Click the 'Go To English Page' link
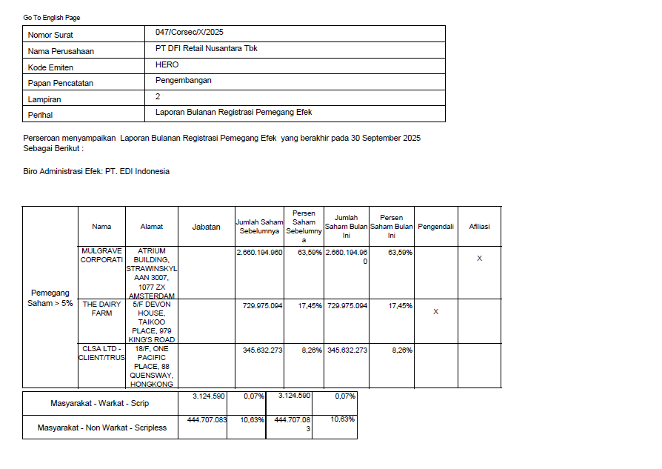coord(52,17)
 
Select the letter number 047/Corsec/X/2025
coord(190,33)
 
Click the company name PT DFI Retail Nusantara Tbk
coord(207,49)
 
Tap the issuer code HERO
coord(167,65)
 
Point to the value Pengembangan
coord(184,81)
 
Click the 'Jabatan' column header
coord(207,227)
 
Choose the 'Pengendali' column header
coord(435,227)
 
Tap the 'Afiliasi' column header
coord(479,227)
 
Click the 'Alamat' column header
coord(152,227)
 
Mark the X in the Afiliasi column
coord(479,259)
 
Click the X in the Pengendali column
coord(435,312)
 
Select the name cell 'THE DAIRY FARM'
coord(101,309)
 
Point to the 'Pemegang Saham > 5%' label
coord(50,298)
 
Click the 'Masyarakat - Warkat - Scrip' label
coord(100,404)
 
